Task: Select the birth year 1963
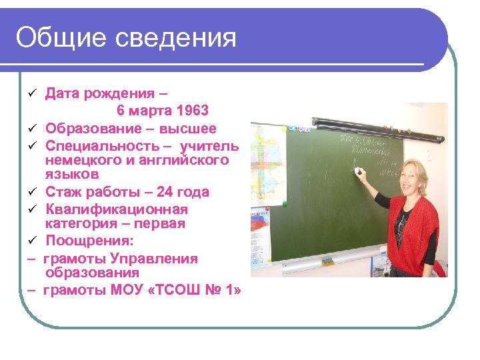coord(193,110)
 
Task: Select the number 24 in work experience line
coord(164,192)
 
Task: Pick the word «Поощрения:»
coord(84,241)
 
